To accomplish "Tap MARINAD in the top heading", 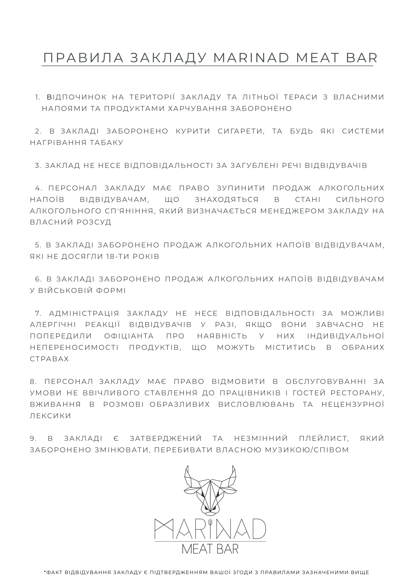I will pos(251,58).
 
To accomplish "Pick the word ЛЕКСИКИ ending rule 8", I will pos(50,416).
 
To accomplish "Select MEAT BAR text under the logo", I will pos(210,549).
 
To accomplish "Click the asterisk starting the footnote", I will pos(45,572).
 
